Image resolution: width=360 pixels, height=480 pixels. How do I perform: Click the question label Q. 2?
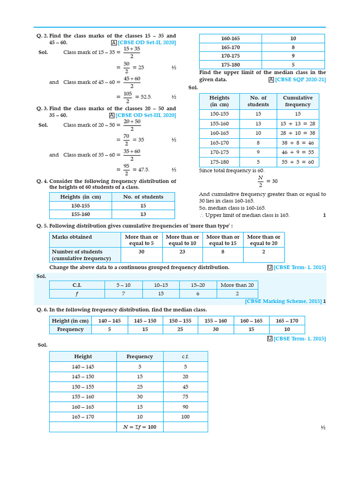tap(42, 36)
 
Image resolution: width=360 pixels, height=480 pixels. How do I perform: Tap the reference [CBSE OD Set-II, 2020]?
tap(147, 43)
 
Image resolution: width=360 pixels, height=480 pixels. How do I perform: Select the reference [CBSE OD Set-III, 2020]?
tap(146, 115)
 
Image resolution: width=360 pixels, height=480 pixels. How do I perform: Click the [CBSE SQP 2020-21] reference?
tap(300, 80)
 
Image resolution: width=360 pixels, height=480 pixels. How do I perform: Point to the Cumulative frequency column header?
tap(298, 101)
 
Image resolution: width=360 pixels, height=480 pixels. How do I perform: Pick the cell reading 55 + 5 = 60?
tap(298, 162)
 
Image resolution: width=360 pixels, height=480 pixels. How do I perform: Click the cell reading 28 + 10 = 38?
tap(298, 133)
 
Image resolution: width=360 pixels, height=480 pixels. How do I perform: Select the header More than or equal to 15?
tap(223, 240)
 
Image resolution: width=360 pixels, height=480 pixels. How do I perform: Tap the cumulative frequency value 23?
tap(182, 252)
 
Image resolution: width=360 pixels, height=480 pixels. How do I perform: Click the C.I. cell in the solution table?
tap(77, 285)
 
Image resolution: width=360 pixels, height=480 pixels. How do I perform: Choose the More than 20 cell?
tap(237, 285)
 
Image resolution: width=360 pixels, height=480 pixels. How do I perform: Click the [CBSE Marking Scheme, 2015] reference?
tap(283, 301)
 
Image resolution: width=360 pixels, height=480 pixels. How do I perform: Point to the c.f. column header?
tap(186, 357)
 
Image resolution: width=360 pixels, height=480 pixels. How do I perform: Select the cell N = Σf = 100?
tap(140, 427)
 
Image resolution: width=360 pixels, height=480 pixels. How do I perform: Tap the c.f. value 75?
tap(186, 397)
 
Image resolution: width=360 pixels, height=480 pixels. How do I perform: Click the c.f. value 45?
tap(186, 387)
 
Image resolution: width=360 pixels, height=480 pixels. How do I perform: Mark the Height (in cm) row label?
tap(70, 321)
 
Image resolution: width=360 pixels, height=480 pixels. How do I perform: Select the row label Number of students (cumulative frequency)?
tap(82, 255)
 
